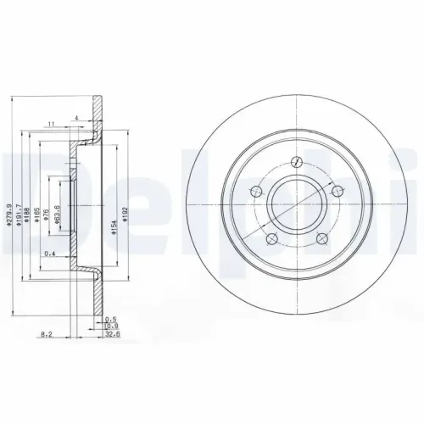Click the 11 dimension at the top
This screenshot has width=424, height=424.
pos(52,124)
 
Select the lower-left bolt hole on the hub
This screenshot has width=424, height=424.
pos(270,240)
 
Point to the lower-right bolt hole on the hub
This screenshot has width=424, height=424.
pos(321,239)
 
